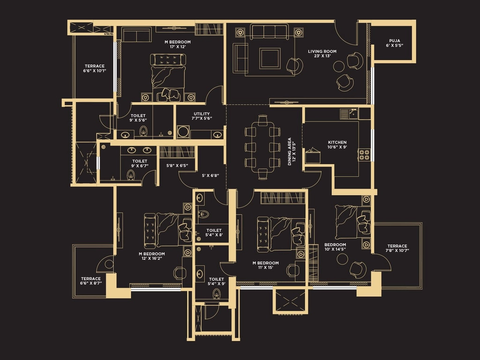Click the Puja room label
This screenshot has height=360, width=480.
click(395, 43)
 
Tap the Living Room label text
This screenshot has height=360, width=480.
click(322, 53)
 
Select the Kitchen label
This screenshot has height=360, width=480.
click(337, 144)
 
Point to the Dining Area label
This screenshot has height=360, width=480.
click(292, 151)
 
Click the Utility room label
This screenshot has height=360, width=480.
click(202, 116)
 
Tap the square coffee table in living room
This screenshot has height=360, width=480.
click(270, 58)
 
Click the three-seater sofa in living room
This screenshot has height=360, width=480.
click(269, 31)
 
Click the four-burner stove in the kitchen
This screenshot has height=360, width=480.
click(364, 155)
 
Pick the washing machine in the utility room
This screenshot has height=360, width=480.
click(183, 132)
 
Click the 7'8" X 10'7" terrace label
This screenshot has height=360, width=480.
click(397, 248)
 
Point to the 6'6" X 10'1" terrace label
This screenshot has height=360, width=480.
click(95, 68)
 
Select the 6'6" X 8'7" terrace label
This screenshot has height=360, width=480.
click(91, 281)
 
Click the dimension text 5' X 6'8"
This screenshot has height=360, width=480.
click(210, 176)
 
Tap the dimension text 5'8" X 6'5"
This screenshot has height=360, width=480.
click(177, 165)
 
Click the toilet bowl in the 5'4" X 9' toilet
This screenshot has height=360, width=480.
click(217, 294)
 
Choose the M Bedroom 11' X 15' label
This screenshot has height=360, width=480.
click(265, 265)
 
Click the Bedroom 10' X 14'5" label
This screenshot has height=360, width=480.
click(335, 247)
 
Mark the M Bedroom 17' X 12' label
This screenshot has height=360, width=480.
click(178, 44)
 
